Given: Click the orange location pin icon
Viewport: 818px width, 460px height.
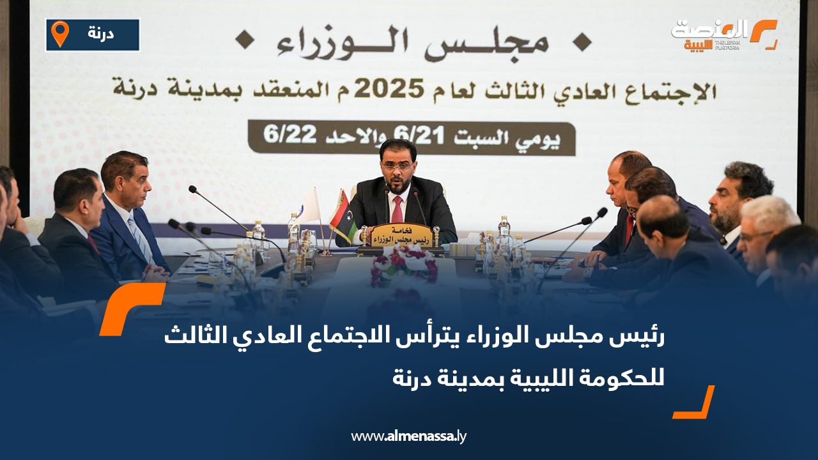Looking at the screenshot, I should (60, 33).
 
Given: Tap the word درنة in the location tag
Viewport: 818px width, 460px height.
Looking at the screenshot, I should (100, 34).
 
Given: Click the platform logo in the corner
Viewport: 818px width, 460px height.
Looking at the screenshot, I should (725, 34).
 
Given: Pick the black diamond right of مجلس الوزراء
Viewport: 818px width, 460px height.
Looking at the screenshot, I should (581, 43).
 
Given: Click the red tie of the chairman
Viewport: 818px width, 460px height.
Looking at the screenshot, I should (397, 209).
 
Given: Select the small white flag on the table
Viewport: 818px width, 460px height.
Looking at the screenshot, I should (309, 206).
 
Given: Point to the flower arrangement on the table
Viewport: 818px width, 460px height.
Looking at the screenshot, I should (404, 264).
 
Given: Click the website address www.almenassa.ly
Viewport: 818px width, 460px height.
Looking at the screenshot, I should (409, 436).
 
